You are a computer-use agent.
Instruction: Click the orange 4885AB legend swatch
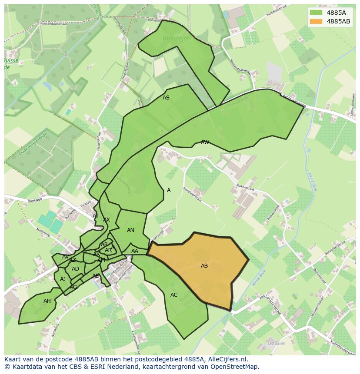(x=316, y=21)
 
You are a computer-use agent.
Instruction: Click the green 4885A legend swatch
(x=316, y=13)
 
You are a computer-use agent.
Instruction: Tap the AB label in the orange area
(x=204, y=266)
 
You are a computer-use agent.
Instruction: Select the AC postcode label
(x=174, y=295)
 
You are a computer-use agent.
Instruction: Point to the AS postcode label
(x=166, y=98)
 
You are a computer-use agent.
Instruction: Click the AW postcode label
(x=205, y=142)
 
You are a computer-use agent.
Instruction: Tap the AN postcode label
(x=130, y=230)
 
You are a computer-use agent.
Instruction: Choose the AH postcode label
(x=47, y=301)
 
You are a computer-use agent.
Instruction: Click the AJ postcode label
(x=63, y=279)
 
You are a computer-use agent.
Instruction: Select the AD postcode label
(x=76, y=269)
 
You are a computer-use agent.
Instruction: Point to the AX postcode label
(x=107, y=220)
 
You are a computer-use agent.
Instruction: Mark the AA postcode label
(x=135, y=251)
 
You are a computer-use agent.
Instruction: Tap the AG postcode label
(x=73, y=287)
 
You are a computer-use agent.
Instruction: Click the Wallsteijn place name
(x=174, y=38)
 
